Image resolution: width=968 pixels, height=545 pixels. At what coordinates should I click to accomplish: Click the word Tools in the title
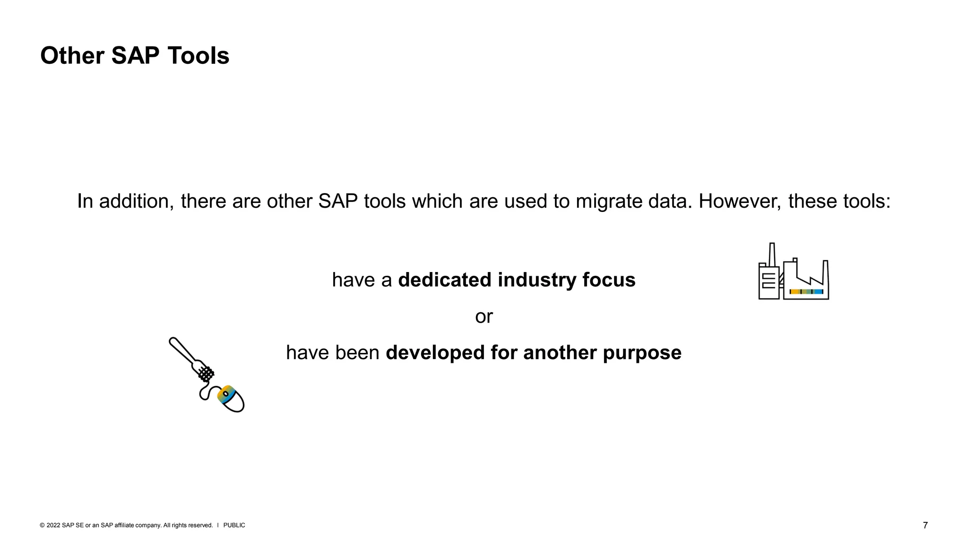coord(198,56)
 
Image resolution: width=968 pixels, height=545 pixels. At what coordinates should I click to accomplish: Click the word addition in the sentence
coord(137,202)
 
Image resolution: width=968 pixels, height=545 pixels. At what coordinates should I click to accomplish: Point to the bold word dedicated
coord(444,280)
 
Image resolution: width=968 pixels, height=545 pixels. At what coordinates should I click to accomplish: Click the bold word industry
coord(537,280)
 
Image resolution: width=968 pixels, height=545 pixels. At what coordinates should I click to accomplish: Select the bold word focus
coord(609,280)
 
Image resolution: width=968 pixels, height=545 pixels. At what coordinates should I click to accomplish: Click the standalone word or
coord(484,316)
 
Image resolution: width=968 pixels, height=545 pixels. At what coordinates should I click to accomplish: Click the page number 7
coord(925,525)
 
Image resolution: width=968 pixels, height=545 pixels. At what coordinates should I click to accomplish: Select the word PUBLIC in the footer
coord(234,525)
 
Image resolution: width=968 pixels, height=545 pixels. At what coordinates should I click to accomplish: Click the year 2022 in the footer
coord(53,525)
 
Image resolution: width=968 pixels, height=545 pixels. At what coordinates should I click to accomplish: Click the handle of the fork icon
coord(182,351)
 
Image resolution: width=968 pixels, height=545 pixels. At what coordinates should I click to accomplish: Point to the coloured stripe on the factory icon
coord(806,291)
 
